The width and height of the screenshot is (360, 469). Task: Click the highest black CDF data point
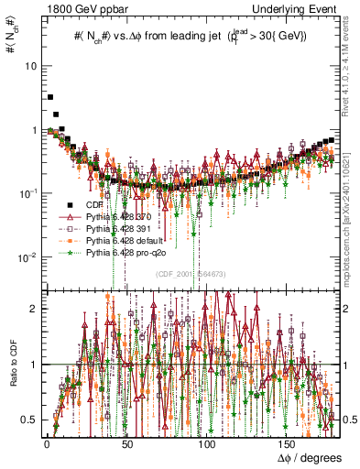click(x=51, y=96)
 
